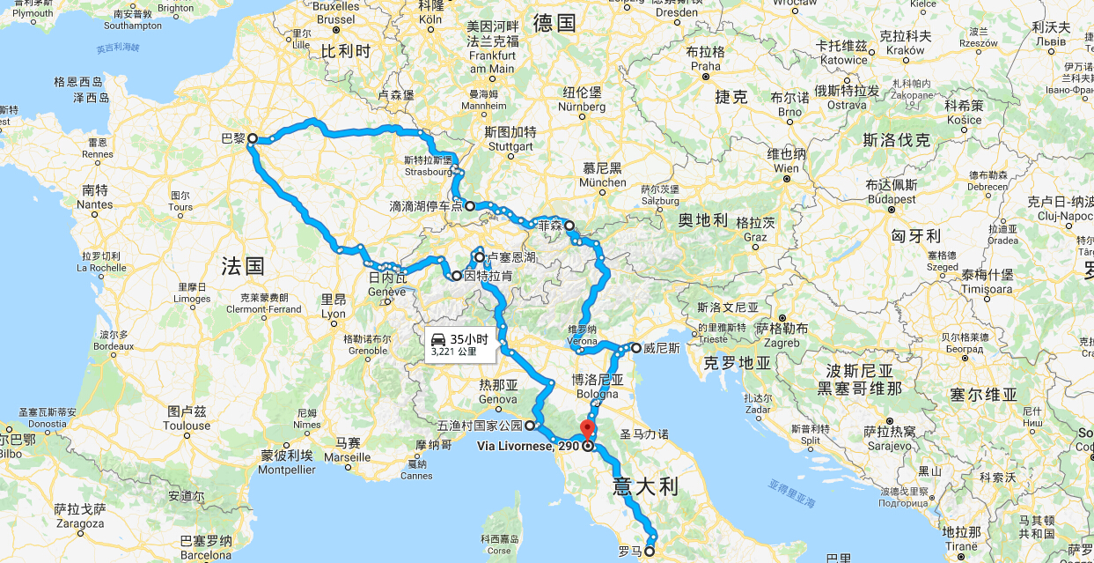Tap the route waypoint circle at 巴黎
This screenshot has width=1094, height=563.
pyautogui.click(x=252, y=138)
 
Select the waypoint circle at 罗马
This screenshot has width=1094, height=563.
pyautogui.click(x=650, y=552)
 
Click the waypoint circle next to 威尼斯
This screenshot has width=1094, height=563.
pyautogui.click(x=635, y=348)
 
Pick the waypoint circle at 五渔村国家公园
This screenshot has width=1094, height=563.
pyautogui.click(x=530, y=426)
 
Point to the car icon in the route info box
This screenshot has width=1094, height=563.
pyautogui.click(x=437, y=339)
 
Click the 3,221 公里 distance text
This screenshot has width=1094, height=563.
pyautogui.click(x=454, y=352)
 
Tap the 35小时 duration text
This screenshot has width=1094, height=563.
pyautogui.click(x=467, y=339)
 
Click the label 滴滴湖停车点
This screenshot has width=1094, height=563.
pyautogui.click(x=425, y=206)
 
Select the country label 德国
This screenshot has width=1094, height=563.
pyautogui.click(x=554, y=24)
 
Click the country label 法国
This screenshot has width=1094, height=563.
pyautogui.click(x=243, y=265)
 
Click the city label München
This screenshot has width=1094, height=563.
pyautogui.click(x=602, y=182)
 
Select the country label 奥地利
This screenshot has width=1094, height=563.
pyautogui.click(x=702, y=219)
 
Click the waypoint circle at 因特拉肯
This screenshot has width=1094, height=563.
pyautogui.click(x=457, y=277)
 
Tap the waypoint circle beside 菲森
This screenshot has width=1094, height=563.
pyautogui.click(x=569, y=225)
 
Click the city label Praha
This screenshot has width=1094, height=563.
pyautogui.click(x=706, y=66)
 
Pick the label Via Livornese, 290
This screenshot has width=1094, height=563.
pyautogui.click(x=527, y=446)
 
